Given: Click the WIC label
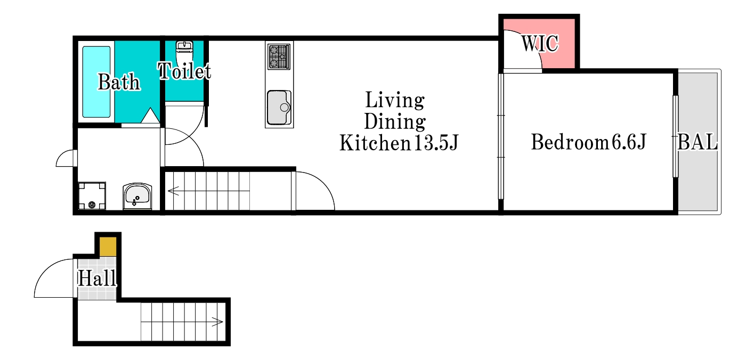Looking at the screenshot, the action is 540,43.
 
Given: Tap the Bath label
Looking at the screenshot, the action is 119,82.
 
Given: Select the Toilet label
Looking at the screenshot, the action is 184,71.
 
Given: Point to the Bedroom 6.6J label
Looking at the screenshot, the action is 588,142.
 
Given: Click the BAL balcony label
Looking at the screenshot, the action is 697,142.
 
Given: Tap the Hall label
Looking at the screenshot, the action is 97,278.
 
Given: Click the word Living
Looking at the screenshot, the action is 395,100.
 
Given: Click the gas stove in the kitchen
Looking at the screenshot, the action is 279,56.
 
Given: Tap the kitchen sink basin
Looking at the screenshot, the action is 279,108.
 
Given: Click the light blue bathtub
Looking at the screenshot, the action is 96,82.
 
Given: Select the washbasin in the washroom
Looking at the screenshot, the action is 137,197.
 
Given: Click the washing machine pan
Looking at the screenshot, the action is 92,196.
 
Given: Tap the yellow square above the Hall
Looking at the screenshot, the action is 108,247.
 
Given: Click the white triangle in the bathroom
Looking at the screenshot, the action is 150,116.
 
